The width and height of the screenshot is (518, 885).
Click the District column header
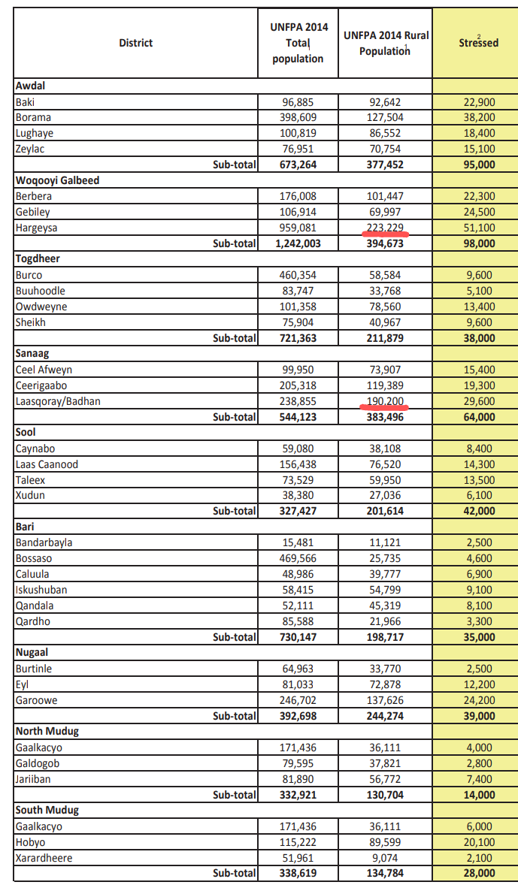[x=135, y=43]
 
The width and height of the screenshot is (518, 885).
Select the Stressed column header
[x=478, y=43]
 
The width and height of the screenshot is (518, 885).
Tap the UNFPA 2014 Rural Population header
[x=385, y=43]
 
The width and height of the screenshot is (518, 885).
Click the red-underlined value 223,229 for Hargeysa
[x=385, y=228]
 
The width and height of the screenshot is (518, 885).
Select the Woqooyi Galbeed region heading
[x=57, y=180]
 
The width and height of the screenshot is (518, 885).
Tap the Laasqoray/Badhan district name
[x=58, y=401]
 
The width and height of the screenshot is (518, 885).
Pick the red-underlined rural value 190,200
[x=385, y=401]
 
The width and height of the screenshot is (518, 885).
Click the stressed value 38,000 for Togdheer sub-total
[x=478, y=338]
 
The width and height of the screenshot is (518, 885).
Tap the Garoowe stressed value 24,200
[x=478, y=700]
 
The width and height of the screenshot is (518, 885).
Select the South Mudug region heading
[x=47, y=811]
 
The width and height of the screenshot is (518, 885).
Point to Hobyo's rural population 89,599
[x=385, y=842]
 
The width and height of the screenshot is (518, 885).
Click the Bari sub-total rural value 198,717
[x=385, y=637]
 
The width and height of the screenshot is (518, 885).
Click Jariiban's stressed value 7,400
[x=478, y=779]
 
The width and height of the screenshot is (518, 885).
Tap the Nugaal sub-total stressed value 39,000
[x=478, y=716]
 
